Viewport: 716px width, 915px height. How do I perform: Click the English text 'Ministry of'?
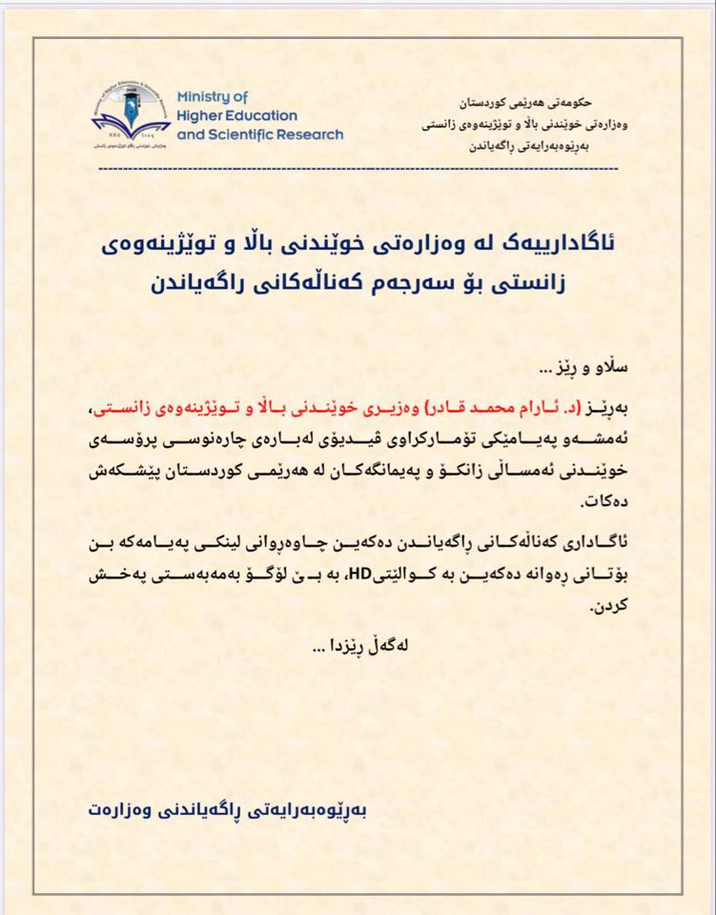tap(212, 97)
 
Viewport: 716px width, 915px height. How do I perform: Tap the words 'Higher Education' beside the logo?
tap(237, 115)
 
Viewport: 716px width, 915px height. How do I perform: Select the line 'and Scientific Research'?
tap(260, 134)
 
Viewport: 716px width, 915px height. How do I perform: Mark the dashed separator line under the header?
tap(358, 169)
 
